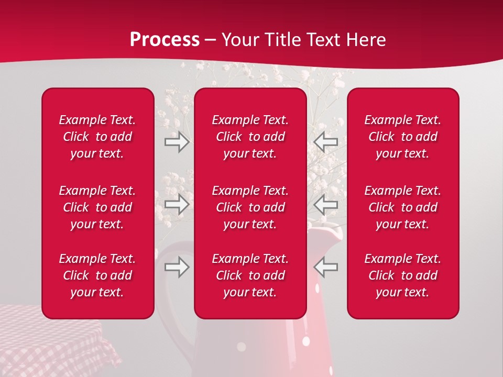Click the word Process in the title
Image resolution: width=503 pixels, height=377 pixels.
pyautogui.click(x=165, y=40)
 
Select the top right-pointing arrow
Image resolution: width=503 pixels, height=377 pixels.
pyautogui.click(x=177, y=142)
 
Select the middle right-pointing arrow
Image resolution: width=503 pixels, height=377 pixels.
pyautogui.click(x=177, y=204)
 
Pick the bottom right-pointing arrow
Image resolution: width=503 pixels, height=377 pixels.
pyautogui.click(x=177, y=267)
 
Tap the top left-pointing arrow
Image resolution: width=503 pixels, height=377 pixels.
pyautogui.click(x=326, y=142)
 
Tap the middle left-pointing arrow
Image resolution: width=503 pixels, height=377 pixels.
pyautogui.click(x=326, y=204)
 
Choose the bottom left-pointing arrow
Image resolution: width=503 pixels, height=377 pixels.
pyautogui.click(x=326, y=267)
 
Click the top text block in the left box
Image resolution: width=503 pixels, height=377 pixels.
pyautogui.click(x=97, y=137)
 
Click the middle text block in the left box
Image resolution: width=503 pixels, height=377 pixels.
pyautogui.click(x=97, y=207)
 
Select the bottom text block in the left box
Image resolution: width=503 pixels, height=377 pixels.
pyautogui.click(x=97, y=275)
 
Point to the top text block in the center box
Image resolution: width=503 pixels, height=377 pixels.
pyautogui.click(x=250, y=137)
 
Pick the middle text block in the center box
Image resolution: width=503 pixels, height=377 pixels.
pyautogui.click(x=250, y=207)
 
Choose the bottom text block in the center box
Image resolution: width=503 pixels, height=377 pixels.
pyautogui.click(x=250, y=275)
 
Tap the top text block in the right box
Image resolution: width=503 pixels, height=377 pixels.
pyautogui.click(x=402, y=137)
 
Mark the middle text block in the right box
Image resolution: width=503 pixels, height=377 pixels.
pyautogui.click(x=402, y=207)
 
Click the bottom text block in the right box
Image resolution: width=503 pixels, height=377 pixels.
pyautogui.click(x=402, y=275)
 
